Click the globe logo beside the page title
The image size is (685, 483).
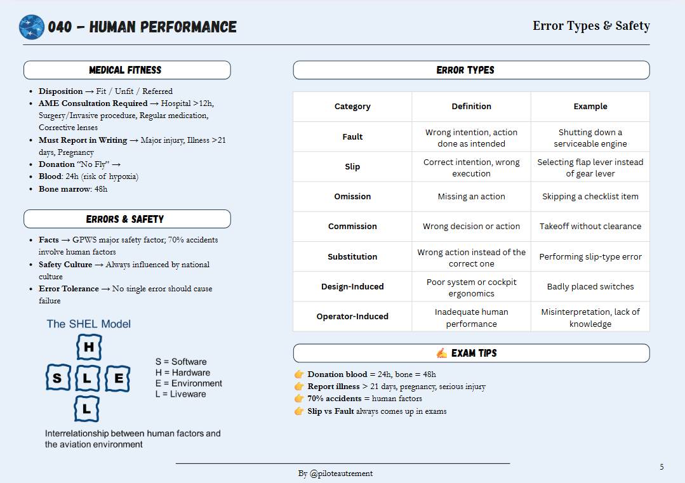pos(32,27)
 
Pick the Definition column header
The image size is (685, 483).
pos(471,107)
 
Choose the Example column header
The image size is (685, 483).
pos(590,107)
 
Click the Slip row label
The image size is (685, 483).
pos(352,167)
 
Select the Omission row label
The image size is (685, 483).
pos(352,197)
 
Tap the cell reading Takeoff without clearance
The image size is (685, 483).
pos(590,227)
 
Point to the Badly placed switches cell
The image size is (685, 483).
pos(590,287)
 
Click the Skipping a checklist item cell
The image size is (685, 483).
pos(590,197)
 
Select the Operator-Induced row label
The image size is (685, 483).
pos(352,317)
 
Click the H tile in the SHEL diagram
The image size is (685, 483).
pos(88,347)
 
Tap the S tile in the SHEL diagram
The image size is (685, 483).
pos(58,379)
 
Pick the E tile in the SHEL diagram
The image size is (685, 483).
pos(118,379)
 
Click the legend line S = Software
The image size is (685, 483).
pos(181,362)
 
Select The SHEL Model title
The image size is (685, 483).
pos(88,324)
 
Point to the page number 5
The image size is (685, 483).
pos(662,467)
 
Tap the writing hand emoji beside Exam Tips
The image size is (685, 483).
pos(442,353)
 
